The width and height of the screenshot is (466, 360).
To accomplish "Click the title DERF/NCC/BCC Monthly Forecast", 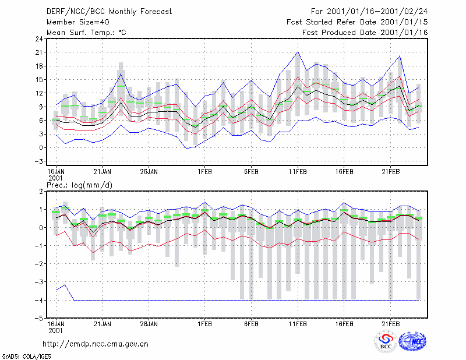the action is pos(109,12).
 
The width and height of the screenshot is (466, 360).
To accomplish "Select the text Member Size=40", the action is pos(78,22).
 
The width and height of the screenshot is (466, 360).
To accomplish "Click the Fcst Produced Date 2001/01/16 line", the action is pos(365,33).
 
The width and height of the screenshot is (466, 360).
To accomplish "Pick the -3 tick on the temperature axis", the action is pos(38,161).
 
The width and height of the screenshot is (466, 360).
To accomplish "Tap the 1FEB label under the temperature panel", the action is pos(205,172).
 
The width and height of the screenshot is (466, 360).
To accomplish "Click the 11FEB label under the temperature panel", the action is pos(298,172).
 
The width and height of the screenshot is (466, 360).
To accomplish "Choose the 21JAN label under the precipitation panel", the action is pos(103,324).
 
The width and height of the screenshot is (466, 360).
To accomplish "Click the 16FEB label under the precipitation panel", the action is pos(344,324).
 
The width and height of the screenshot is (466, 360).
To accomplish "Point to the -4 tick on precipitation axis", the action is pos(38,300).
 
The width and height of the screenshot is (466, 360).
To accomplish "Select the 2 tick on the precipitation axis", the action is pos(41,192).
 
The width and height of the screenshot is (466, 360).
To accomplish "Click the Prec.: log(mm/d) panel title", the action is pos(79,185).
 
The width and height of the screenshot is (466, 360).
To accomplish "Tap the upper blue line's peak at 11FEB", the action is pos(298,52).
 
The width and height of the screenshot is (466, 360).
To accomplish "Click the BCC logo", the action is pos(386,341).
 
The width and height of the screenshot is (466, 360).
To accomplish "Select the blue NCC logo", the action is pos(412,341).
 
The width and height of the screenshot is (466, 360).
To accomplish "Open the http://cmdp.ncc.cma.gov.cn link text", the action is pos(96,344).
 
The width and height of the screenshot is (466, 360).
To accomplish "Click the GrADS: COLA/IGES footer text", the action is pos(26,357).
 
